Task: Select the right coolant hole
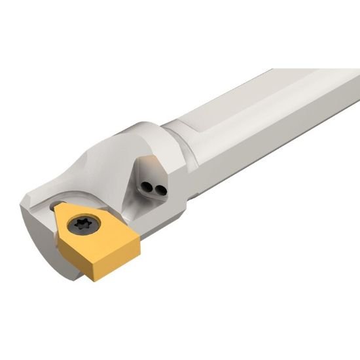click(x=157, y=190)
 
